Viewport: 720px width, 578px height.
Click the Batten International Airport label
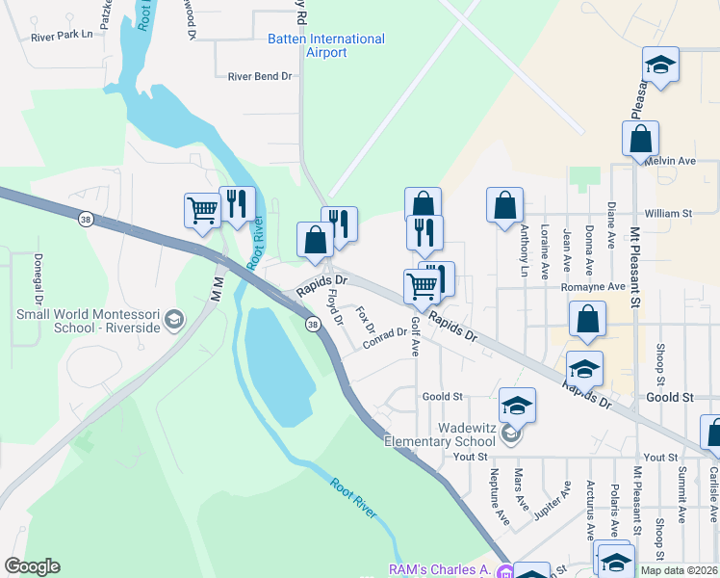(325, 45)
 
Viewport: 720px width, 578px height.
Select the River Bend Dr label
(259, 76)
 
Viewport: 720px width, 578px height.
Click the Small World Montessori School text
(87, 321)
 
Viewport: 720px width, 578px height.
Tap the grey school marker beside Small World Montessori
(174, 320)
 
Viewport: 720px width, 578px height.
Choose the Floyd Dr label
(335, 307)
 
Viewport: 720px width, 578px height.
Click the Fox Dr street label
(364, 321)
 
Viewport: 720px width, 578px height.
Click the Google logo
(32, 566)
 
